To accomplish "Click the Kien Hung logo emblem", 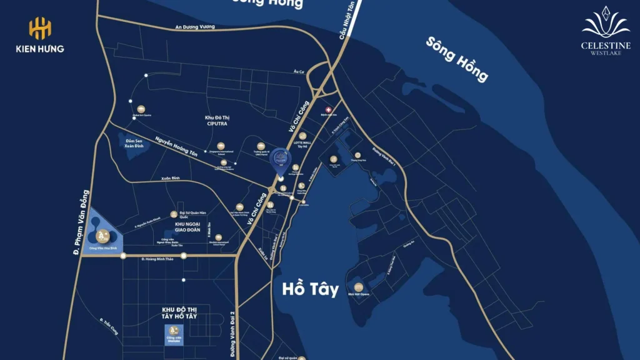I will coord(40,29).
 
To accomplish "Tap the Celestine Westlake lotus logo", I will coord(606,24).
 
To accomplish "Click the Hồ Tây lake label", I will coord(310,289).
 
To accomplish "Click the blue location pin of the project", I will coord(281,161).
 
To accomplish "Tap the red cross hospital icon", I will coord(329,109).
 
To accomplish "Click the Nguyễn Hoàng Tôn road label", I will coord(176,154).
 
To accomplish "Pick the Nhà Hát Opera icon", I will coord(359,286).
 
